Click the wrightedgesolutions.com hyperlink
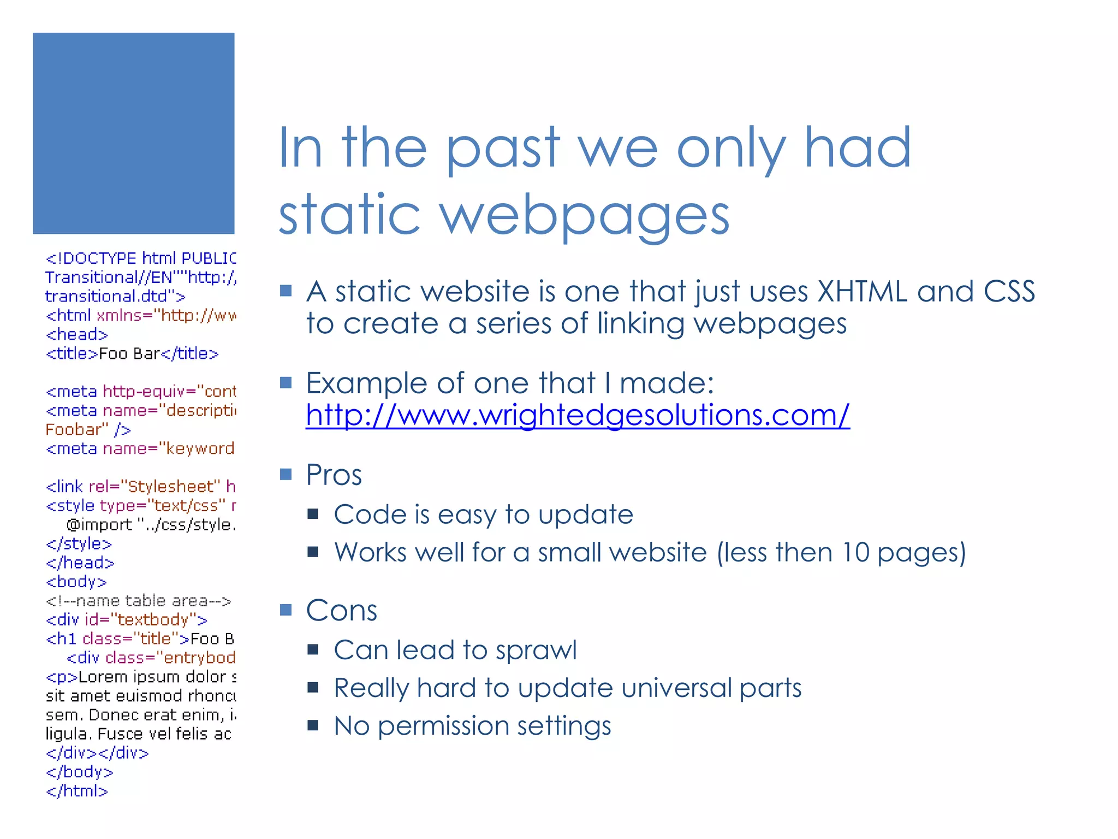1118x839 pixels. point(578,415)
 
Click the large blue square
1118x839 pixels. point(134,133)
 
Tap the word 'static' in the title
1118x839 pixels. point(349,214)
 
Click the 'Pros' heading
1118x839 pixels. point(334,474)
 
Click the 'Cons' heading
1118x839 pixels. point(341,610)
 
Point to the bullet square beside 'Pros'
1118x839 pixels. point(286,474)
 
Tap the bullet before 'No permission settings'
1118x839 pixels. point(313,725)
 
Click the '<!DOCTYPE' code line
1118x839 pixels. point(141,258)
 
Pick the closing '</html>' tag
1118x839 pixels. point(77,790)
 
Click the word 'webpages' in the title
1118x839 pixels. point(585,214)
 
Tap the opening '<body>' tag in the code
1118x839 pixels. point(76,582)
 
